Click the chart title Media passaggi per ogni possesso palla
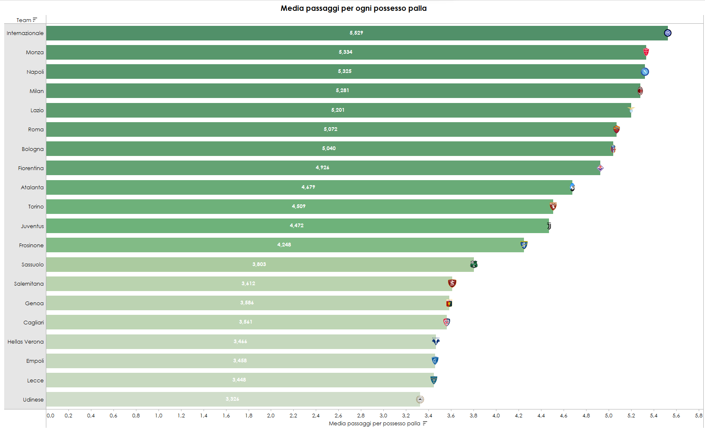353,8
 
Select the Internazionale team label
25,33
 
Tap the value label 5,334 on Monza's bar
345,52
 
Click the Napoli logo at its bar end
645,72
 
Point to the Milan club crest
640,91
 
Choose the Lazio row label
37,111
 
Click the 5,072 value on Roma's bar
330,129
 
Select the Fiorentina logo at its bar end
600,168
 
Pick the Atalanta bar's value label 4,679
308,187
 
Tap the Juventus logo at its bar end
549,226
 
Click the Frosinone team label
31,246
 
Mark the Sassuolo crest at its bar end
474,264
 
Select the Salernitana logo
452,284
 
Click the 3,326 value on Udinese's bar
232,399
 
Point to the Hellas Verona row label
25,342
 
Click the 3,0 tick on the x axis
383,416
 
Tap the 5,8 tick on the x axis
699,416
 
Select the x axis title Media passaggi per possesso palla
374,424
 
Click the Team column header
24,20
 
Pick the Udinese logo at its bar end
420,399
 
